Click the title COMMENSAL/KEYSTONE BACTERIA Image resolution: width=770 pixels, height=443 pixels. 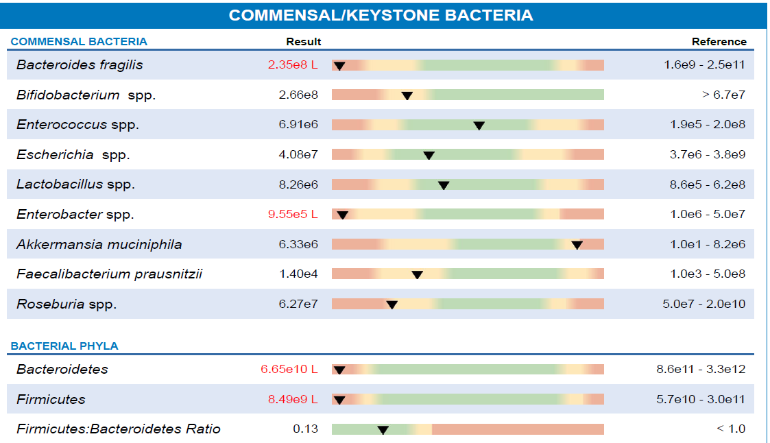(x=381, y=15)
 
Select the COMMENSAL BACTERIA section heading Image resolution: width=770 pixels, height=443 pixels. (x=79, y=42)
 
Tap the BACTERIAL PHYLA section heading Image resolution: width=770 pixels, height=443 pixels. (x=64, y=346)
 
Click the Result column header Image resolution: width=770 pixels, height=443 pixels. (x=304, y=42)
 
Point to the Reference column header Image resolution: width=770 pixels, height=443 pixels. (x=719, y=42)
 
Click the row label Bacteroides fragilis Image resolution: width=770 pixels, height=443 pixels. (x=80, y=65)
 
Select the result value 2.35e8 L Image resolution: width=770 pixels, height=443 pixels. (x=293, y=65)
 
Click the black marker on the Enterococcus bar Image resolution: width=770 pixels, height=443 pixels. (x=479, y=125)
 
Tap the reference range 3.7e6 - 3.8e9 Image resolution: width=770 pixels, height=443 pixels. (x=707, y=155)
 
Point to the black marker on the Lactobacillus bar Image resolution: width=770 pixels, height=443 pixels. (x=444, y=185)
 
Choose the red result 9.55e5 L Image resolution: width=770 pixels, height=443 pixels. (x=293, y=215)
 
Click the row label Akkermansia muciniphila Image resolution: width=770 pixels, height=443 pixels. (x=99, y=245)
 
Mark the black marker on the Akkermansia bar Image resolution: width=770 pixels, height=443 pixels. (x=577, y=245)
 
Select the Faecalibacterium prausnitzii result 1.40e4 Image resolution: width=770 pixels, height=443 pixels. (x=298, y=274)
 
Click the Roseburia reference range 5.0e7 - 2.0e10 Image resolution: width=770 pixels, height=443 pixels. (x=703, y=304)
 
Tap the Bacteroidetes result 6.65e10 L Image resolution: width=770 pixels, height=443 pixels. (x=289, y=370)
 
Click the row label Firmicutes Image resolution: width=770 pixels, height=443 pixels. (x=51, y=399)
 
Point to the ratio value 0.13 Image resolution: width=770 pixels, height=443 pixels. (x=306, y=429)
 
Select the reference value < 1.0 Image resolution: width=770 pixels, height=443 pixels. (x=731, y=429)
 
